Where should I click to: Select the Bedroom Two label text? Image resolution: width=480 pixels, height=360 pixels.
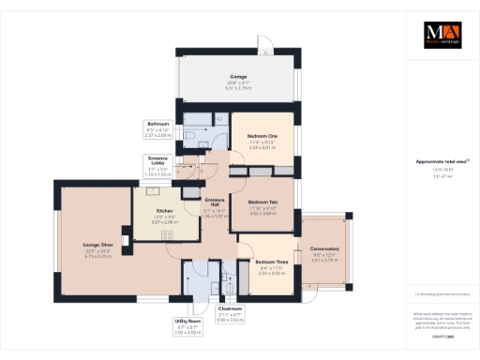pos(265,201)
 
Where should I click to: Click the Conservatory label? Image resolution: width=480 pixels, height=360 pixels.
pos(324,249)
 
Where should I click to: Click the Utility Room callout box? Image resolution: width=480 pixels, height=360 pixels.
pos(188,324)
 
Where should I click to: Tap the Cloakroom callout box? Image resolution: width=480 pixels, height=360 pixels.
pos(231,312)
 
